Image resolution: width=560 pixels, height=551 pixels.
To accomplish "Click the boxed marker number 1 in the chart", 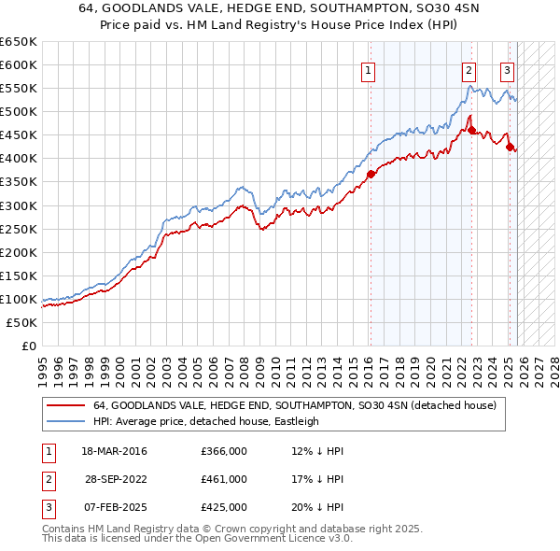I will [369, 70].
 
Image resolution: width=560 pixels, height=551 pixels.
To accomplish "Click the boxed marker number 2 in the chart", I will [468, 70].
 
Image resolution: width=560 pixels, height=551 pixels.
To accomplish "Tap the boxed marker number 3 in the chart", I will [507, 70].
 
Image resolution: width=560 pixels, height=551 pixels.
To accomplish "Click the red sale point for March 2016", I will [371, 173].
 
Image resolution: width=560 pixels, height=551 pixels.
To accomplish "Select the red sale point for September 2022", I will [471, 130].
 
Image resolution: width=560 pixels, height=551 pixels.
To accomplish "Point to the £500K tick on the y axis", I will [20, 111].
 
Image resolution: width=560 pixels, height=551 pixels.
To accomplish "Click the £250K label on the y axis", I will [20, 229].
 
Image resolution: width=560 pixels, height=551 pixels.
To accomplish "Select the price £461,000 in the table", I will [224, 479].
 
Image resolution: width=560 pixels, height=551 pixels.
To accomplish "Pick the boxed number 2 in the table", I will [46, 479].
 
